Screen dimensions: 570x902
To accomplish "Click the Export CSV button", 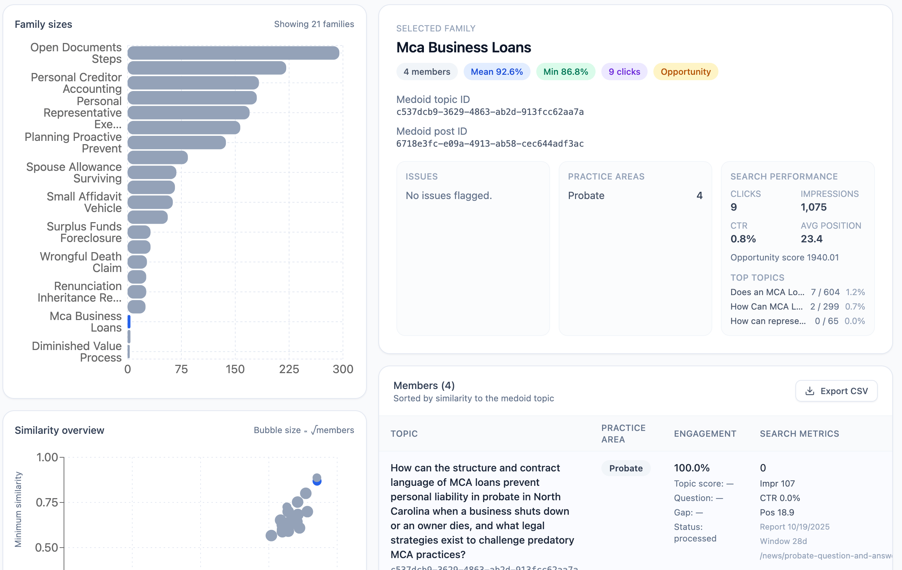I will click(836, 391).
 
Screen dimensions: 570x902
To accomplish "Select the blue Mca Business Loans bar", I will click(129, 322).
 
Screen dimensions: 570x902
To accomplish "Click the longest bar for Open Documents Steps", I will click(233, 53).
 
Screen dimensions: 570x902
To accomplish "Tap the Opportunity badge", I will click(685, 72).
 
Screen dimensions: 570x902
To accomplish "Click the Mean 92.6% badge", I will click(496, 72).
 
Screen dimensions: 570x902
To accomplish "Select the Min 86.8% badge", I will click(565, 72).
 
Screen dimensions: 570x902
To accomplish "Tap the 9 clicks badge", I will click(624, 72).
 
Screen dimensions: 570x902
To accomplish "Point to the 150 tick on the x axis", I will click(235, 369).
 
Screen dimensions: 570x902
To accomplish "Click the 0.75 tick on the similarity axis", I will click(47, 502).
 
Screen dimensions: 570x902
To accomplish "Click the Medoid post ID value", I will click(490, 144).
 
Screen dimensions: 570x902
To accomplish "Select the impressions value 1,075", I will click(813, 207).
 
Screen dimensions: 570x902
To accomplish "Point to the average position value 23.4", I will click(811, 239).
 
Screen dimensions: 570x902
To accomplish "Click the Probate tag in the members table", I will click(626, 468).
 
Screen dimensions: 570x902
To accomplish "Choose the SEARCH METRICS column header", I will click(799, 434).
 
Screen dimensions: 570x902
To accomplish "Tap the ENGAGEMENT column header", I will click(705, 434).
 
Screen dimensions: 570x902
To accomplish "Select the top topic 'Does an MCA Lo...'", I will click(767, 292).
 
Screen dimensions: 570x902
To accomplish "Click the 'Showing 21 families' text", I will click(314, 24).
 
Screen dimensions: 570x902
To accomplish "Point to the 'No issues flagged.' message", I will click(448, 195).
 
